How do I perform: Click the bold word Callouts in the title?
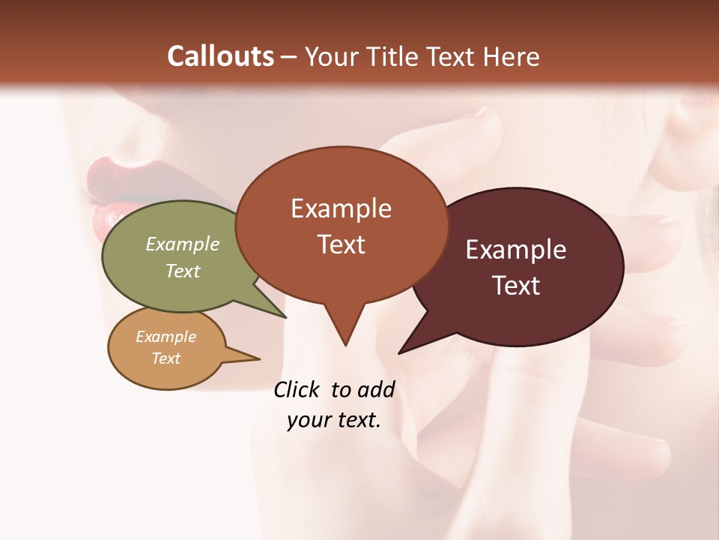tap(221, 56)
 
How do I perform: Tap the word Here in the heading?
tap(513, 56)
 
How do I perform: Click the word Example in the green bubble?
tap(183, 244)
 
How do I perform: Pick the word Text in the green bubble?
tap(183, 271)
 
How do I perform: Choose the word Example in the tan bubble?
tap(166, 337)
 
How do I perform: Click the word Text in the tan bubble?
tap(166, 358)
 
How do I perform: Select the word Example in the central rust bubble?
tap(341, 208)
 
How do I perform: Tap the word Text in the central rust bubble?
tap(341, 244)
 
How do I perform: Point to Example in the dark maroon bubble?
tap(516, 250)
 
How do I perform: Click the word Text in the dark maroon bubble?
tap(516, 286)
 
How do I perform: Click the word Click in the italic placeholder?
tap(297, 389)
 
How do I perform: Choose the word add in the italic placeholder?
tap(376, 389)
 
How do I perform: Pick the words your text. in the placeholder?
tap(334, 420)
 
